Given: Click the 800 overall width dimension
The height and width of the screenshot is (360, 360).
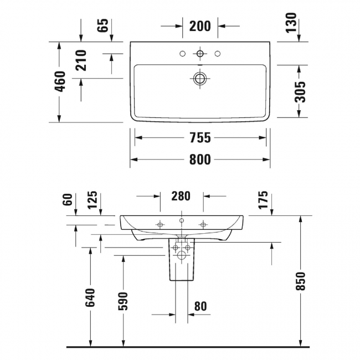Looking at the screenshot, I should pyautogui.click(x=200, y=160).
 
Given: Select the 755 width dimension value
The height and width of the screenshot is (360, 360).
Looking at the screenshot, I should pyautogui.click(x=200, y=138).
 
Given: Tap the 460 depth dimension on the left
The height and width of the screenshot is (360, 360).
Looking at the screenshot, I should pyautogui.click(x=61, y=81).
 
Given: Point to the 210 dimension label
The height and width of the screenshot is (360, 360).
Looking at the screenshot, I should pyautogui.click(x=81, y=60).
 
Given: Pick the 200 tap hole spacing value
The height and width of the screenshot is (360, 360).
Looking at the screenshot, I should pyautogui.click(x=200, y=25).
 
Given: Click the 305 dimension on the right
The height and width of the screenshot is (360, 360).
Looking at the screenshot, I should pyautogui.click(x=300, y=91).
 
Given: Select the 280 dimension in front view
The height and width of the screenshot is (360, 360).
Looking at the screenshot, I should pyautogui.click(x=181, y=196).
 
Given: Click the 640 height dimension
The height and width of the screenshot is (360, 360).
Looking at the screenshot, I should pyautogui.click(x=90, y=297).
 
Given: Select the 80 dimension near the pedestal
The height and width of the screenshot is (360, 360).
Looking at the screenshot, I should pyautogui.click(x=200, y=305).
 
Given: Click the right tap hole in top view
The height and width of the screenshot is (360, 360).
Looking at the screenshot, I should pyautogui.click(x=218, y=54).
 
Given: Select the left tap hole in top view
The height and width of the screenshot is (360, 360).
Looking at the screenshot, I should pyautogui.click(x=182, y=54).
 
